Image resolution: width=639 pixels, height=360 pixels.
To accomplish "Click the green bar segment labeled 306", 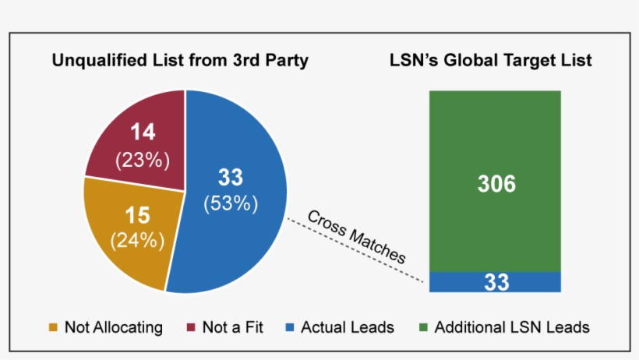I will (x=496, y=140).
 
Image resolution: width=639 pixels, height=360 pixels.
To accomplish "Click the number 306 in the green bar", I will (x=496, y=184).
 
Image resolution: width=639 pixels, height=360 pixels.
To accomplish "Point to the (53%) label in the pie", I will (x=230, y=204).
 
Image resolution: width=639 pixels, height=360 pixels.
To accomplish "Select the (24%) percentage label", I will (x=138, y=240).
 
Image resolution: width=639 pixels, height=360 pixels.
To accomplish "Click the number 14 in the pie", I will (x=143, y=132).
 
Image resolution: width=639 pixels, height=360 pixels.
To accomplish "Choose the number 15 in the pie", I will (x=138, y=212).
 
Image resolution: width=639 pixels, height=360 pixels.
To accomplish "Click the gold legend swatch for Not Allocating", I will (x=55, y=327).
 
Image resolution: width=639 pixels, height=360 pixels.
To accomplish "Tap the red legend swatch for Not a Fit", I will (x=192, y=327).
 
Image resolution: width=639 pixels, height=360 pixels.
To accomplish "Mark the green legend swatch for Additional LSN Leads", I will (x=424, y=327).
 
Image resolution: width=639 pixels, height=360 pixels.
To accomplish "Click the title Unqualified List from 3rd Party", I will (x=180, y=60).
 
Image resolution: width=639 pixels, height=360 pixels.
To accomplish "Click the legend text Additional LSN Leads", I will (x=512, y=327).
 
